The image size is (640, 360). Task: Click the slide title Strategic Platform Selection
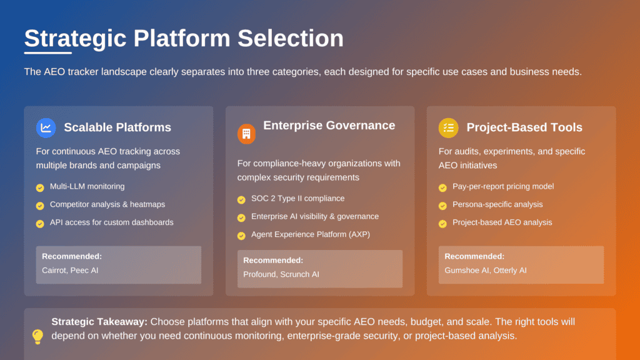tap(184, 39)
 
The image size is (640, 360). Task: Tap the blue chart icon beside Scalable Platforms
tap(46, 128)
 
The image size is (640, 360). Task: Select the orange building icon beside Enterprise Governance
tap(246, 134)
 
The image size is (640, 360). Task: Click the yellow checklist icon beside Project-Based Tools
tap(448, 128)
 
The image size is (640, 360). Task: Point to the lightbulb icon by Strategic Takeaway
tap(37, 337)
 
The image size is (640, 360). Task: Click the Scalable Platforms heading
tap(117, 127)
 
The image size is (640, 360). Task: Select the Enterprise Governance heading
tap(329, 126)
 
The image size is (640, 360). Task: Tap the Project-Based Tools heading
tap(524, 127)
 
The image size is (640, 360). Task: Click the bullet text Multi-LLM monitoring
tap(87, 186)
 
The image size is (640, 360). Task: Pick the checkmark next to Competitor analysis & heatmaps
tap(40, 205)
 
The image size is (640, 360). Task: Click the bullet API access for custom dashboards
tap(111, 222)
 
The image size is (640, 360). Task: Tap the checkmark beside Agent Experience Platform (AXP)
tap(241, 236)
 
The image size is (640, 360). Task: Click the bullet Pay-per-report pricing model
tap(503, 186)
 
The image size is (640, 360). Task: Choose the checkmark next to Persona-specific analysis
tap(442, 205)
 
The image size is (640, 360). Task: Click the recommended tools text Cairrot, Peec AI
tap(70, 270)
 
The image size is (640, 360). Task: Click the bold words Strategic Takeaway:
tap(99, 322)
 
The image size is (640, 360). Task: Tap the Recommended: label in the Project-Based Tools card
tap(474, 256)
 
